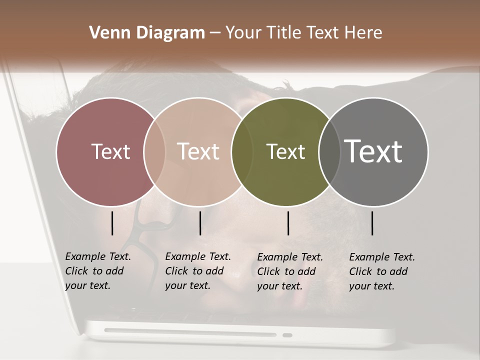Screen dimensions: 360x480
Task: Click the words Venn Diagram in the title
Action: click(x=147, y=33)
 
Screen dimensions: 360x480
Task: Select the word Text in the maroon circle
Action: click(x=110, y=151)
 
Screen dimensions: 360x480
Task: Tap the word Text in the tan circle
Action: click(x=198, y=151)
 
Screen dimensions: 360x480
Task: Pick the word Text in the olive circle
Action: click(x=285, y=151)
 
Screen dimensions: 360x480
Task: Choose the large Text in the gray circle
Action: click(x=373, y=151)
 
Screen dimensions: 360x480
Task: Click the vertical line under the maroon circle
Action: click(x=112, y=223)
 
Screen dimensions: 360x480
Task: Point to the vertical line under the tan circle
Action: click(x=200, y=223)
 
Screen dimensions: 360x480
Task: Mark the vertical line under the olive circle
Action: click(x=288, y=223)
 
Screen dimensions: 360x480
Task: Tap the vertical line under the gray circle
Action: click(x=372, y=223)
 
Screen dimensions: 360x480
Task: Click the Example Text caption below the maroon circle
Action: click(x=97, y=271)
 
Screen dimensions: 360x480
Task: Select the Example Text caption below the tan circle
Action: click(x=197, y=271)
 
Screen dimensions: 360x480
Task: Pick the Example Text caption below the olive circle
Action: click(x=289, y=271)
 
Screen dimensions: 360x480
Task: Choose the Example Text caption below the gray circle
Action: click(x=381, y=271)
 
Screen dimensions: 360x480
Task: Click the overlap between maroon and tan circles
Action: click(x=154, y=151)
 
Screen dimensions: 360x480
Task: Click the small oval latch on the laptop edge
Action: click(x=287, y=335)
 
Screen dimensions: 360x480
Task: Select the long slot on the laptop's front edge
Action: click(x=190, y=332)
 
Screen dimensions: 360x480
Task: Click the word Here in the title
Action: click(x=363, y=33)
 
